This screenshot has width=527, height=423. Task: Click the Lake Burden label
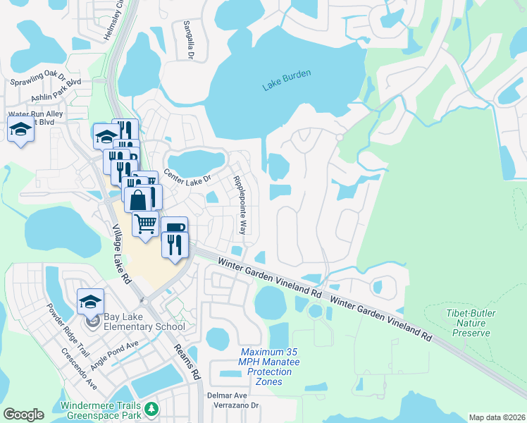click(287, 80)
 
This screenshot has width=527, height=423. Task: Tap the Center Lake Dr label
click(187, 177)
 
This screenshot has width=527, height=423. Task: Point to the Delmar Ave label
click(227, 396)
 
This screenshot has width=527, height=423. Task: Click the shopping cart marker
click(146, 224)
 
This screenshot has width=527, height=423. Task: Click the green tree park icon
click(151, 409)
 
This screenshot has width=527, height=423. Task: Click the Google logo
click(23, 415)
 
